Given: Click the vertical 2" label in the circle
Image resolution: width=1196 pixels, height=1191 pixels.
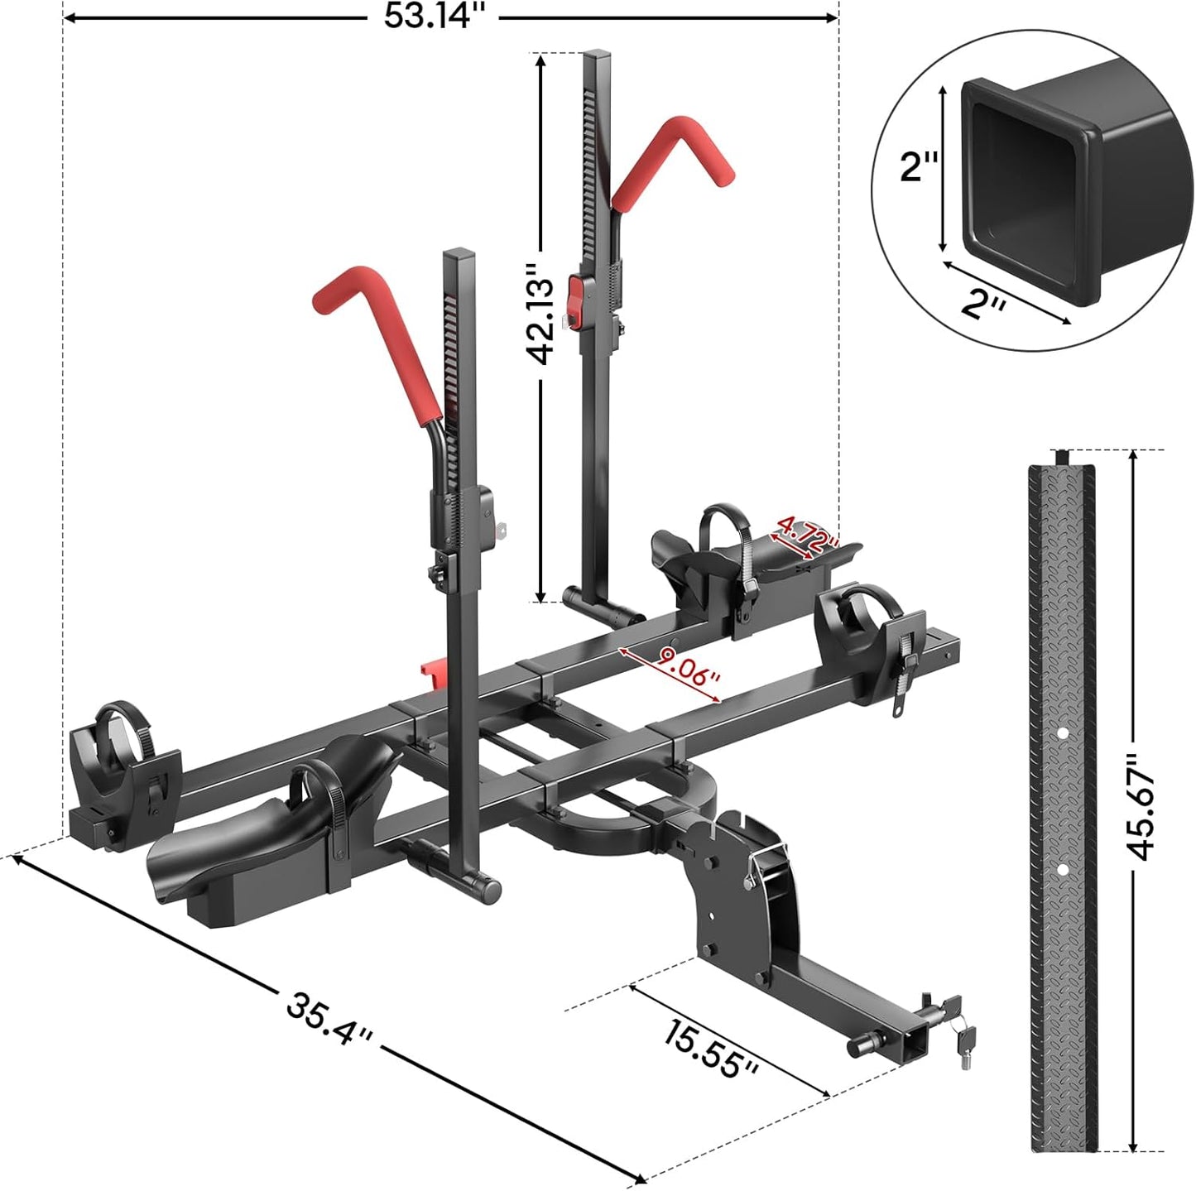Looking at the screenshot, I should click(919, 166).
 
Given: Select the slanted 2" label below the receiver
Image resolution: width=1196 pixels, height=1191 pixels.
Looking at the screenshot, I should click(983, 305).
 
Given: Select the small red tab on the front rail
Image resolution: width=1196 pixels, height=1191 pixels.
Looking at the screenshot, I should click(430, 671).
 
